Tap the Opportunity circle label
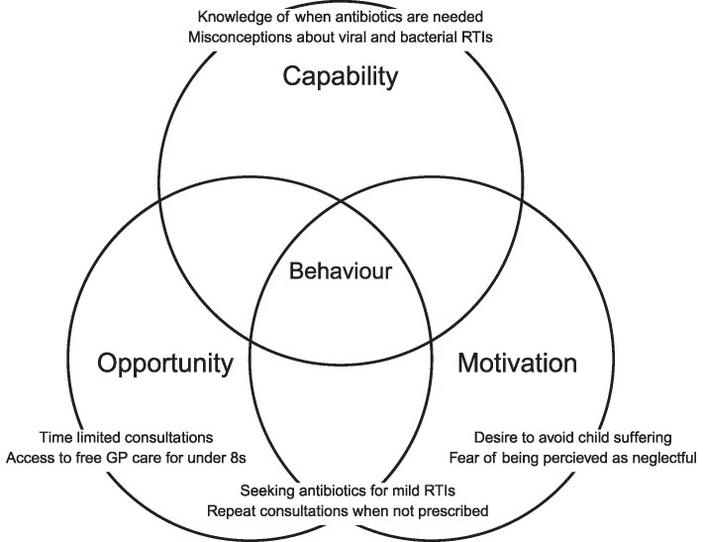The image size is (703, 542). [165, 364]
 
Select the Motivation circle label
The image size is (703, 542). [517, 364]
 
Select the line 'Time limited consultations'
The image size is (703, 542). [127, 437]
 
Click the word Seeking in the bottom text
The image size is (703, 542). [270, 491]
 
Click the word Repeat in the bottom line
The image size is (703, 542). [230, 511]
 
